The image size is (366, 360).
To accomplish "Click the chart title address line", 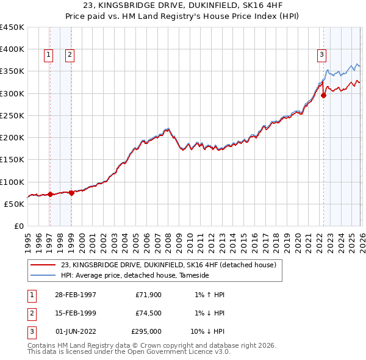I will coord(182,6).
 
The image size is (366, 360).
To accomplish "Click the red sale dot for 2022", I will coord(323,95).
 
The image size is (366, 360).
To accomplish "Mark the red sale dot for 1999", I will coord(71,193).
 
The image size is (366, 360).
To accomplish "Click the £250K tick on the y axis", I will coord(12,115).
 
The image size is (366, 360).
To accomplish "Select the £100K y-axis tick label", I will coord(12,182).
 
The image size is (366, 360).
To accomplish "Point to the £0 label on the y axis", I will coord(18,226).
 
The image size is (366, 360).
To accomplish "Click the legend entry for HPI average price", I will coord(135,276).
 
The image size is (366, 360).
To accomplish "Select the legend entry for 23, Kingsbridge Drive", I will coord(168,265).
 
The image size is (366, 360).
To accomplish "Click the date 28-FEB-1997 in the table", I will coord(75,295).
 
